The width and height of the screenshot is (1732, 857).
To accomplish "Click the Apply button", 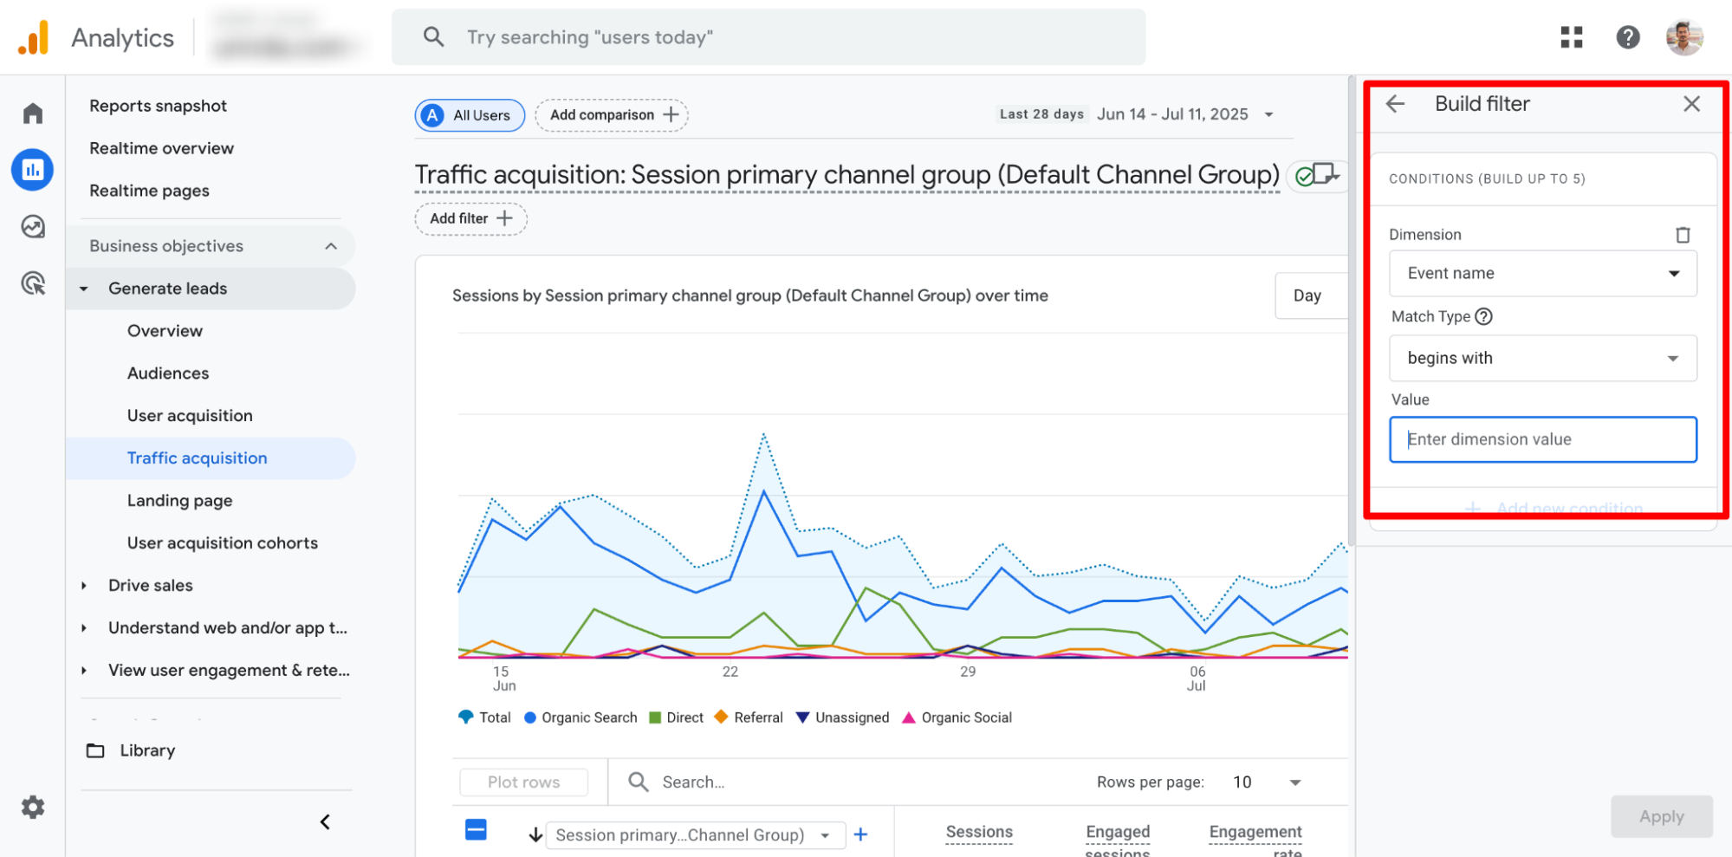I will coord(1661,816).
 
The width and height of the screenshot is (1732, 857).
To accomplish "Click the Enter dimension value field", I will coord(1542,439).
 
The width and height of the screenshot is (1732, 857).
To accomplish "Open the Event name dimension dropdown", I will coord(1542,274).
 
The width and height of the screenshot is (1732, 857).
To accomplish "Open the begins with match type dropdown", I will coord(1542,358).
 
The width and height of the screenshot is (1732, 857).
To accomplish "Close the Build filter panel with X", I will coord(1691,104).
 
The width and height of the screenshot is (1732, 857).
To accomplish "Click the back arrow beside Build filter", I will coord(1395,104).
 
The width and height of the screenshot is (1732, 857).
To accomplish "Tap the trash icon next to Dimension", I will coord(1683,235).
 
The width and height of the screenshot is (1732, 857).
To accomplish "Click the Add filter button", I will coord(470,218).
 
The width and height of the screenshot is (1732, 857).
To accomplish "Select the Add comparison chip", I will coord(612,115).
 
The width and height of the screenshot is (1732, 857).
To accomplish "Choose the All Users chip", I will coord(470,115).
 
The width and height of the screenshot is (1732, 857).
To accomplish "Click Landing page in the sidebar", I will coord(179,501).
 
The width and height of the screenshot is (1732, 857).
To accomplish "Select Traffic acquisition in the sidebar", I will coord(197,458).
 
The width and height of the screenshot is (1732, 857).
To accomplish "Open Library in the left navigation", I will coord(146,750).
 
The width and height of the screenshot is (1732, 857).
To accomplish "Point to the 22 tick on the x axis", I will coord(730,672).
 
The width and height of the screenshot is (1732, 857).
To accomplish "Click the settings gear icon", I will coord(33,808).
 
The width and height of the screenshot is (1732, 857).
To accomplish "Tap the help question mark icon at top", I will coord(1628,37).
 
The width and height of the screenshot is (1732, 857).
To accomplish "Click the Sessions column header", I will coord(979,832).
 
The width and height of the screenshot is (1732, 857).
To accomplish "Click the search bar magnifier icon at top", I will coord(433,37).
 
